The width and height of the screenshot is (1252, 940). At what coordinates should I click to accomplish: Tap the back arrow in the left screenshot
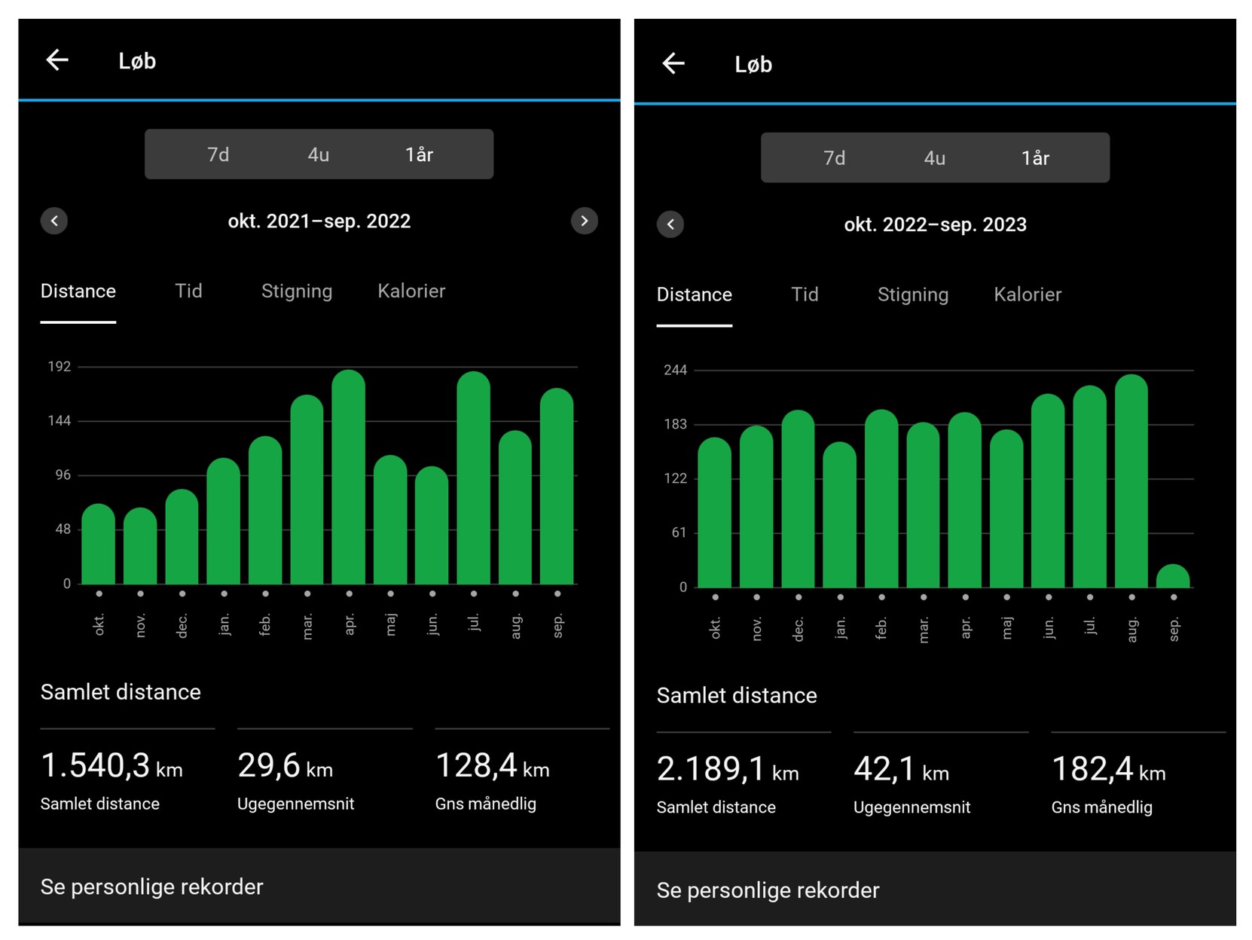pyautogui.click(x=57, y=60)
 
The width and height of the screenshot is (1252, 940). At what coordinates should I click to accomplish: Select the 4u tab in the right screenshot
pyautogui.click(x=934, y=158)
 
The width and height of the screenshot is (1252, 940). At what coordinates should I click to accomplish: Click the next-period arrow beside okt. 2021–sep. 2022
pyautogui.click(x=584, y=221)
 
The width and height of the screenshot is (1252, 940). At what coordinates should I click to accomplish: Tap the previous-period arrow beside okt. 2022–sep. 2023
pyautogui.click(x=670, y=224)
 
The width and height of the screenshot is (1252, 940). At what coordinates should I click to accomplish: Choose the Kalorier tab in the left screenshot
pyautogui.click(x=411, y=291)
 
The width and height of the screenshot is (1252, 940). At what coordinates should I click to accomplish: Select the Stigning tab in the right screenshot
pyautogui.click(x=912, y=295)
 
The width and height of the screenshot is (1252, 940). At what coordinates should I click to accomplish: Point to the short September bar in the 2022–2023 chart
pyautogui.click(x=1173, y=577)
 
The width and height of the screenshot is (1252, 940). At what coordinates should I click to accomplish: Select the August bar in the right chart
pyautogui.click(x=1131, y=482)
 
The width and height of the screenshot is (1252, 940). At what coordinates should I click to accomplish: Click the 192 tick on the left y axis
pyautogui.click(x=60, y=367)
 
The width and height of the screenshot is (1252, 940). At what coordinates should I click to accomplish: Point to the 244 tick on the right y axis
pyautogui.click(x=675, y=370)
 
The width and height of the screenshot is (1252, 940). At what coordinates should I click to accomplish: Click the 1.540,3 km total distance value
pyautogui.click(x=111, y=767)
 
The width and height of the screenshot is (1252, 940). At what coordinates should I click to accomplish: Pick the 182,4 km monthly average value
pyautogui.click(x=1108, y=771)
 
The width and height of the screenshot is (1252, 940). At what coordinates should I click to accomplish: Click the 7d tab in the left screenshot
pyautogui.click(x=218, y=154)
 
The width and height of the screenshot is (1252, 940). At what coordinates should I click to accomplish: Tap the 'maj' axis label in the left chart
pyautogui.click(x=390, y=624)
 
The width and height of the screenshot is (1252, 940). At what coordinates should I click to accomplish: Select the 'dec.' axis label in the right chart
pyautogui.click(x=799, y=629)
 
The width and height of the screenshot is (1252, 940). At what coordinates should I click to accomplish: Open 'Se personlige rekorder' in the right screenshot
pyautogui.click(x=768, y=890)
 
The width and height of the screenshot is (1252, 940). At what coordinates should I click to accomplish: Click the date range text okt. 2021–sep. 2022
pyautogui.click(x=319, y=221)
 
